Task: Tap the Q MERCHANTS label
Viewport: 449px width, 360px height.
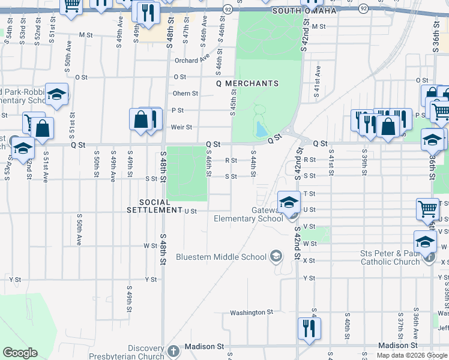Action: click(247, 83)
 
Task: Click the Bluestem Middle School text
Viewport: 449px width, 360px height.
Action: click(221, 257)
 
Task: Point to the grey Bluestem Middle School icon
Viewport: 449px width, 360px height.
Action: click(276, 257)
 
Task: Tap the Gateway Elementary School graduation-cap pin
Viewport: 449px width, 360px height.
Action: click(289, 202)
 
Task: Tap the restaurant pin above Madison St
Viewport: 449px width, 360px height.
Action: click(309, 328)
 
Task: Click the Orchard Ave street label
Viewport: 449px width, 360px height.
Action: click(192, 61)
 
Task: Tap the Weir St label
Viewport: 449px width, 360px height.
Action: click(181, 127)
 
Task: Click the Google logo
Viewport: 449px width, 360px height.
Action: click(20, 353)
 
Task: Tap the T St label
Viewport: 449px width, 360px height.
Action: click(310, 194)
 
